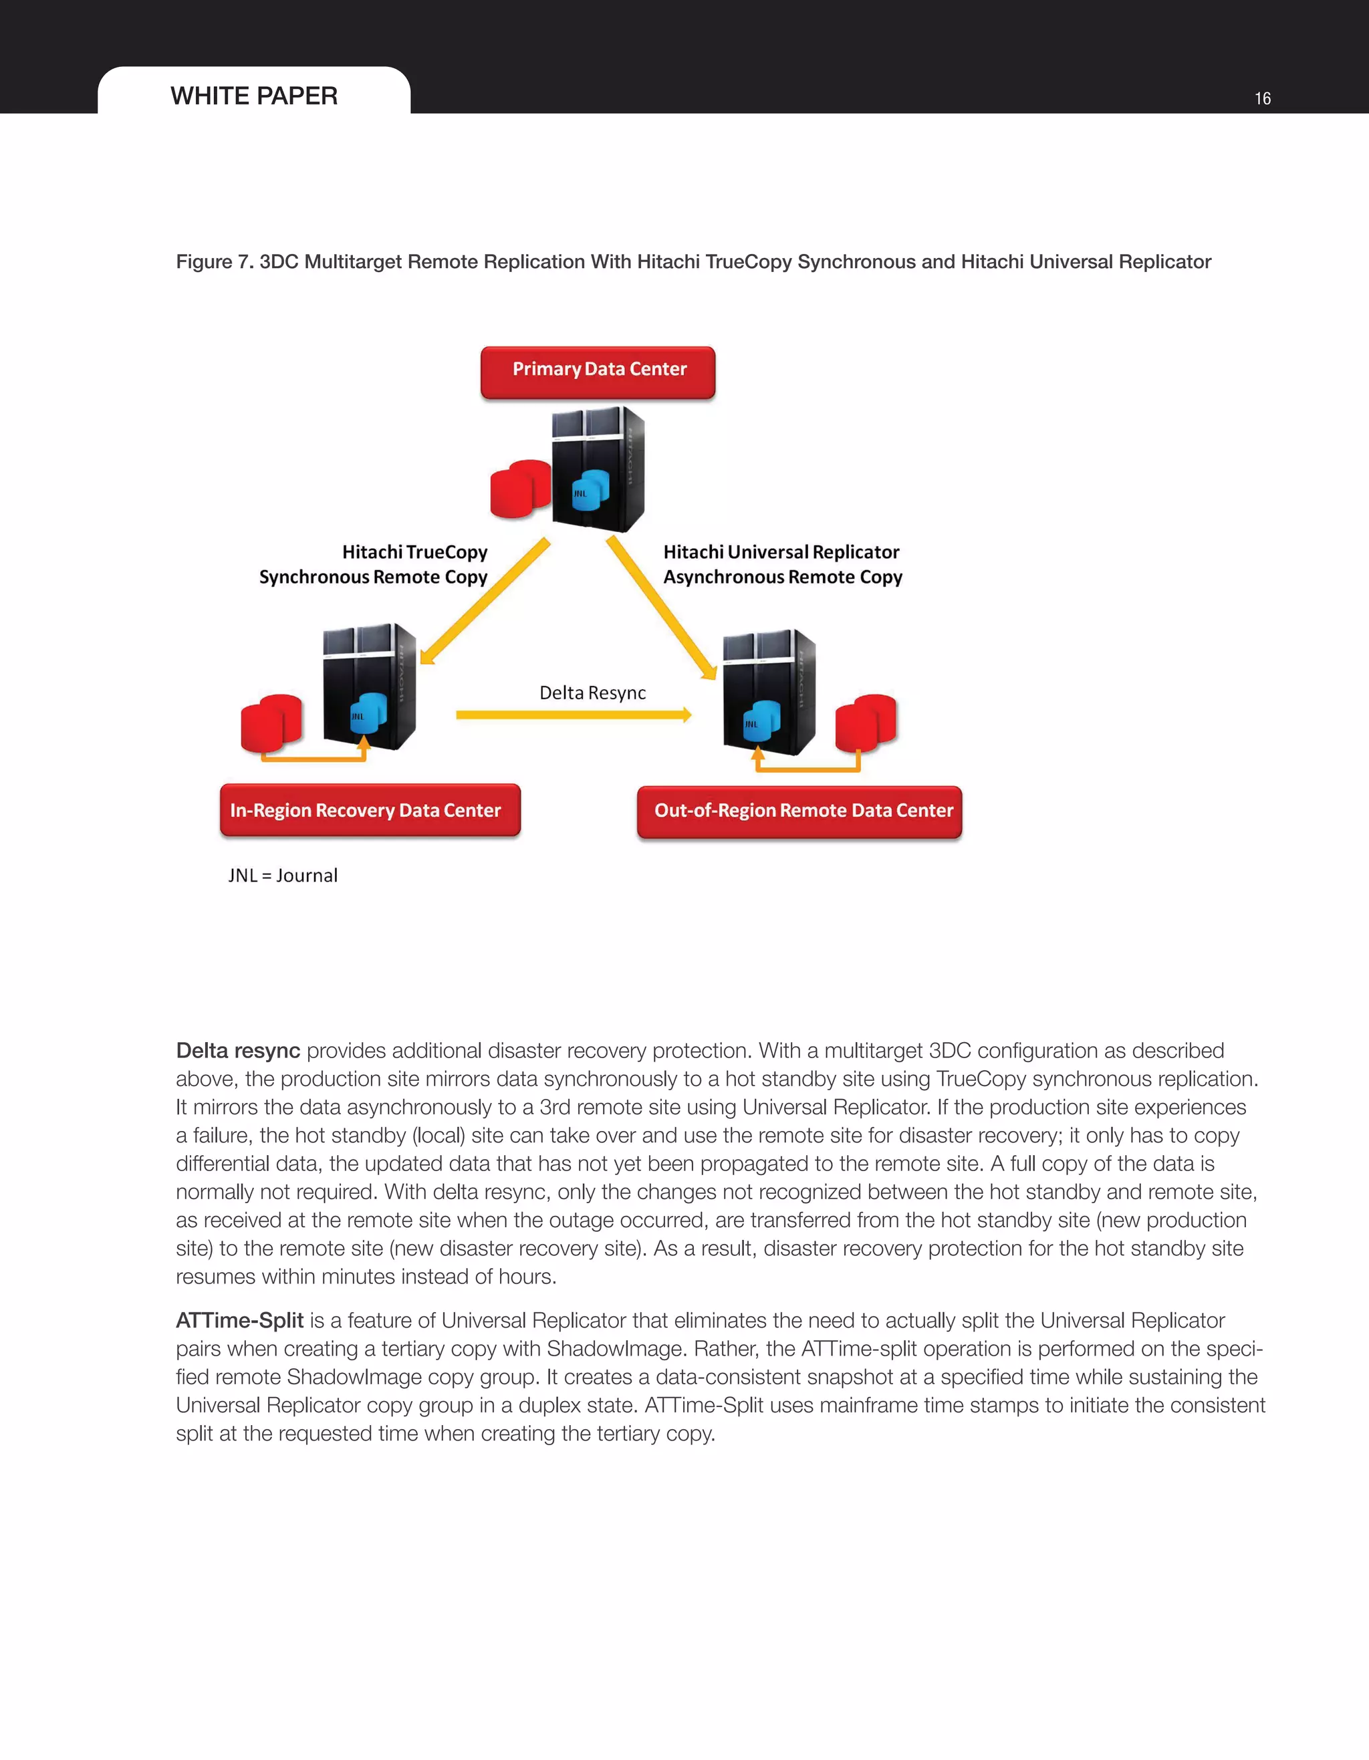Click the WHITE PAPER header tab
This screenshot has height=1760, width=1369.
(x=254, y=95)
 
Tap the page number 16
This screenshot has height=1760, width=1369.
(x=1262, y=98)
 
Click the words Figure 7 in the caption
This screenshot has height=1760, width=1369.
(x=215, y=262)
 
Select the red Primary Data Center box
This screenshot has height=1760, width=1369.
(x=598, y=372)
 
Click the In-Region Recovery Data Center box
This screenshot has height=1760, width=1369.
(x=370, y=810)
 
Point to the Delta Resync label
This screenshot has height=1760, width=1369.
(x=592, y=693)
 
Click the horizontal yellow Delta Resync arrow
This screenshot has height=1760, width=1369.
(x=572, y=715)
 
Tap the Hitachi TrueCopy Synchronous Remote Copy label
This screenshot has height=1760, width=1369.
(x=374, y=564)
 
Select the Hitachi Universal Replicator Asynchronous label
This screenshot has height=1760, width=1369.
(x=781, y=564)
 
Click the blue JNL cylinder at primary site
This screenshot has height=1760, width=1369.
(x=590, y=490)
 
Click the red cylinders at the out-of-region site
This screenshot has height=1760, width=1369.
(x=866, y=722)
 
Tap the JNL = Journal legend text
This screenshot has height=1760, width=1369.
(x=283, y=875)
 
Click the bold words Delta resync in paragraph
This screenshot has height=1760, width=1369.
(x=238, y=1051)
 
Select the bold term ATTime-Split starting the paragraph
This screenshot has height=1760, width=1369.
(x=239, y=1321)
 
